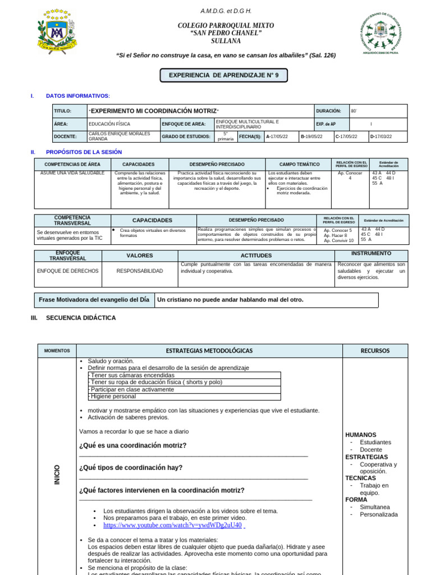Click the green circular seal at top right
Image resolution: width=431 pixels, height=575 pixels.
380,33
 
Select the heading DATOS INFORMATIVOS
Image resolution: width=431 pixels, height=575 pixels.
78,96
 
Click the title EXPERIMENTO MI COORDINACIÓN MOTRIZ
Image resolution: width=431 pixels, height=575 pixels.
154,111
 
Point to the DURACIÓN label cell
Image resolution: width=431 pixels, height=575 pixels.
329,111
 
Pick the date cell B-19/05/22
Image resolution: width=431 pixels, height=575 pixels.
315,136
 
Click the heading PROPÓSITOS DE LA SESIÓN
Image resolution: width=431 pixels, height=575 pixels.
84,152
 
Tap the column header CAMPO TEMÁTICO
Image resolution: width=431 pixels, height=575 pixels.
298,164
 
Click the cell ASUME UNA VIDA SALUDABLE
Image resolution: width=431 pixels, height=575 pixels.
72,173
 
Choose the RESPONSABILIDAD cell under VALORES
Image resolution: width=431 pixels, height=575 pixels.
140,271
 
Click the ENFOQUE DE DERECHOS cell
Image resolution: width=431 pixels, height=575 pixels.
67,271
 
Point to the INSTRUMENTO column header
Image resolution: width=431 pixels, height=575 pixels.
371,254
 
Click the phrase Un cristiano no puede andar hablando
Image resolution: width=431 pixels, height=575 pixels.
230,300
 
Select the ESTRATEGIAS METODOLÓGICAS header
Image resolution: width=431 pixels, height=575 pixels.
209,350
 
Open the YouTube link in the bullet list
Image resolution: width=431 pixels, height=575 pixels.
172,525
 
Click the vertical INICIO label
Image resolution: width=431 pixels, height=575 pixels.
57,474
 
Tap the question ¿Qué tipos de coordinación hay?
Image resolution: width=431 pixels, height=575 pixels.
131,468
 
